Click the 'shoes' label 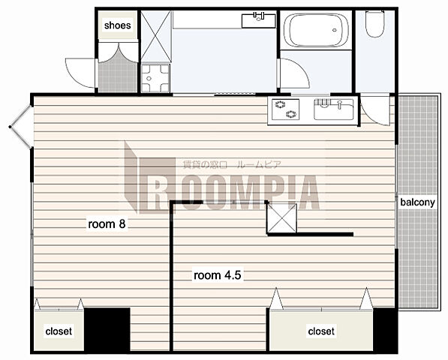pyautogui.click(x=117, y=25)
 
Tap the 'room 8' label pyautogui.click(x=107, y=224)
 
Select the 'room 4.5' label pyautogui.click(x=218, y=275)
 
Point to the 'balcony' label pyautogui.click(x=417, y=202)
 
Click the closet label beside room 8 pyautogui.click(x=59, y=331)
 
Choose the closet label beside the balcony pyautogui.click(x=321, y=331)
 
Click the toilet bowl pyautogui.click(x=375, y=24)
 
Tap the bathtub pyautogui.click(x=316, y=30)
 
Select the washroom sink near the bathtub pyautogui.click(x=259, y=20)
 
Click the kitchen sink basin pyautogui.click(x=334, y=109)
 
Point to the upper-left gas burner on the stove pyautogui.click(x=279, y=105)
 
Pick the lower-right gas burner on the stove pyautogui.click(x=291, y=115)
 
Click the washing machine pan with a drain pyautogui.click(x=155, y=78)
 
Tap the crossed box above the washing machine pyautogui.click(x=156, y=36)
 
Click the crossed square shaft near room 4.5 pyautogui.click(x=281, y=218)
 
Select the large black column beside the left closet pyautogui.click(x=107, y=329)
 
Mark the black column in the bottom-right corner pyautogui.click(x=385, y=330)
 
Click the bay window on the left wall pyautogui.click(x=20, y=127)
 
